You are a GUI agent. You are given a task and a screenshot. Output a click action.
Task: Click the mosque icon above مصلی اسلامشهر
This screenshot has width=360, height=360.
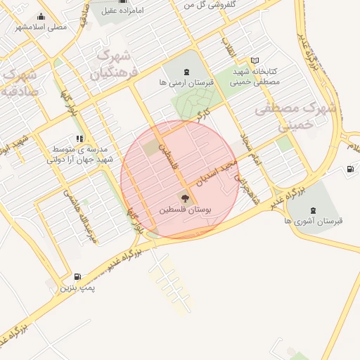click(41, 16)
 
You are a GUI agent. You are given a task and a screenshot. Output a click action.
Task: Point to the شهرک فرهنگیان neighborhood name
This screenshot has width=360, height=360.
click(115, 63)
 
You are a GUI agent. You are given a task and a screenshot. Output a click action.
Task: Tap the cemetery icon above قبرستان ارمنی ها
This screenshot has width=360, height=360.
click(186, 72)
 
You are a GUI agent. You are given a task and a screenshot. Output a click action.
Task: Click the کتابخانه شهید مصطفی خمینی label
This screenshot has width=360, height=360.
click(255, 77)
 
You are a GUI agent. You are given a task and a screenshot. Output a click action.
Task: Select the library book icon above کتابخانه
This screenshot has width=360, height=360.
click(255, 60)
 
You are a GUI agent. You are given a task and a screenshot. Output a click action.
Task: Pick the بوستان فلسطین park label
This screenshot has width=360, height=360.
click(184, 210)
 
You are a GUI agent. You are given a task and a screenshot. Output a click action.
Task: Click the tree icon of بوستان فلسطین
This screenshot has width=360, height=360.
click(184, 198)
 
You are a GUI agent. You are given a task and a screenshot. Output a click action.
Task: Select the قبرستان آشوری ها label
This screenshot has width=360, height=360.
click(314, 221)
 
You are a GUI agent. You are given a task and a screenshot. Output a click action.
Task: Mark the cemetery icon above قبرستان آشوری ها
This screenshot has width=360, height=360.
click(314, 210)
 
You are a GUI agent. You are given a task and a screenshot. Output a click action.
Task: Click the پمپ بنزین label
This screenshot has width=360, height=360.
click(77, 288)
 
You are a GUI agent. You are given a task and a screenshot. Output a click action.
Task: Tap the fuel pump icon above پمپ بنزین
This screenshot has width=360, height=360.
click(77, 276)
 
